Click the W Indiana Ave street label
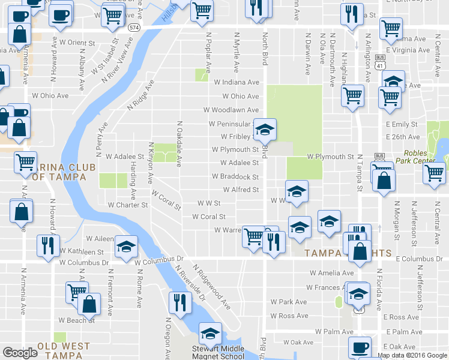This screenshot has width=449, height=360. pyautogui.click(x=236, y=82)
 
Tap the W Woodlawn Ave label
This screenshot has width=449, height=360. pyautogui.click(x=231, y=110)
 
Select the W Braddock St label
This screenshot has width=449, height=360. pyautogui.click(x=235, y=177)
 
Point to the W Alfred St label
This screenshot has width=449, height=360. pyautogui.click(x=239, y=190)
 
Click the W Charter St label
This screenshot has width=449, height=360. pyautogui.click(x=128, y=205)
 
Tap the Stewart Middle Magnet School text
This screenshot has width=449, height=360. pyautogui.click(x=218, y=353)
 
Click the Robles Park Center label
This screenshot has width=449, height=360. pyautogui.click(x=428, y=157)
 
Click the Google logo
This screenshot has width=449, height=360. pyautogui.click(x=20, y=353)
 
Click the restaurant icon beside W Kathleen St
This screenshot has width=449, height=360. pyautogui.click(x=47, y=245)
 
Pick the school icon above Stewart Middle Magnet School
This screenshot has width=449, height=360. pyautogui.click(x=210, y=333)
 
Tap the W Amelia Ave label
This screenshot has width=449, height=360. pyautogui.click(x=328, y=272)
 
